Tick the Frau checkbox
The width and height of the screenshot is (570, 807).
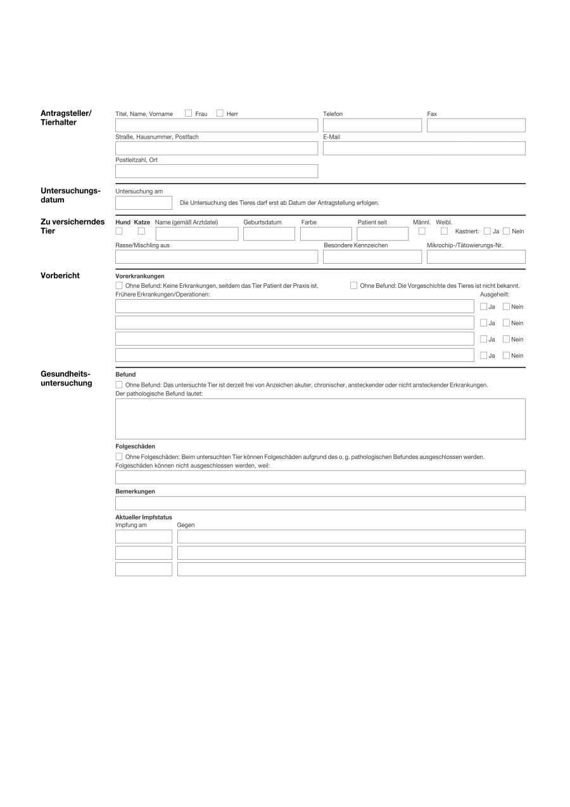coord(188,113)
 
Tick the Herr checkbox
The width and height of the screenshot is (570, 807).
coord(220,113)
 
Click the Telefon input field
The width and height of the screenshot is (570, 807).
coord(372,126)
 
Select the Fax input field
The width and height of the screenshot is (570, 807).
coord(476,126)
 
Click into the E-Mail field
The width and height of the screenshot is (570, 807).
coord(424,148)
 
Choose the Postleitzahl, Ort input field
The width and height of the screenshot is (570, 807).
coord(216,171)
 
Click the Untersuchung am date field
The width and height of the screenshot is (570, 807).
coord(143,203)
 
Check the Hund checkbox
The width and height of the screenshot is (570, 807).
coord(119,231)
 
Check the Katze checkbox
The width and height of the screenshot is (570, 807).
coord(141,231)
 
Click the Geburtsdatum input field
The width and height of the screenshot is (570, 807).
coord(269,234)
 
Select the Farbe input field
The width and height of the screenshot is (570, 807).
coord(326,234)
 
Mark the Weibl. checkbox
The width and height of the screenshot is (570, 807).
coord(444,231)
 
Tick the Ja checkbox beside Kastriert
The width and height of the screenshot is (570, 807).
coord(487,231)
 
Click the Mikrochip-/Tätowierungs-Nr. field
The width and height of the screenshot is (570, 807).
coord(476,257)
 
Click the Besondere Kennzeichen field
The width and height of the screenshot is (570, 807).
coord(372,257)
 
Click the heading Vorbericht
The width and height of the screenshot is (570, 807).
coord(60,276)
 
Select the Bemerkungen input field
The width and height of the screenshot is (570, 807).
coord(320,503)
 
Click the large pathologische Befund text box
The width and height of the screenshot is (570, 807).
coord(320,418)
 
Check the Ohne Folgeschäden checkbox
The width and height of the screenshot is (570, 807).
coord(119,456)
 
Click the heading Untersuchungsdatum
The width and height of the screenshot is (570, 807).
coord(70,195)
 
